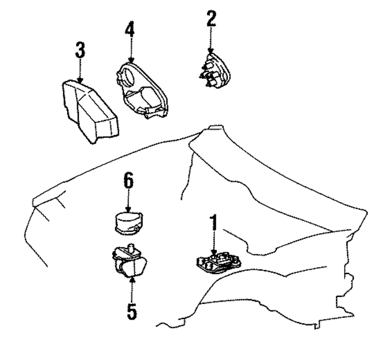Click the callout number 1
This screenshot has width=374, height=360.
pos(214,223)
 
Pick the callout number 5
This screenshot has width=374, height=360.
pos(133,311)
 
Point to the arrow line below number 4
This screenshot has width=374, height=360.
pos(131,50)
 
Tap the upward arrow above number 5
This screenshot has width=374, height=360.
pos(133,290)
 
